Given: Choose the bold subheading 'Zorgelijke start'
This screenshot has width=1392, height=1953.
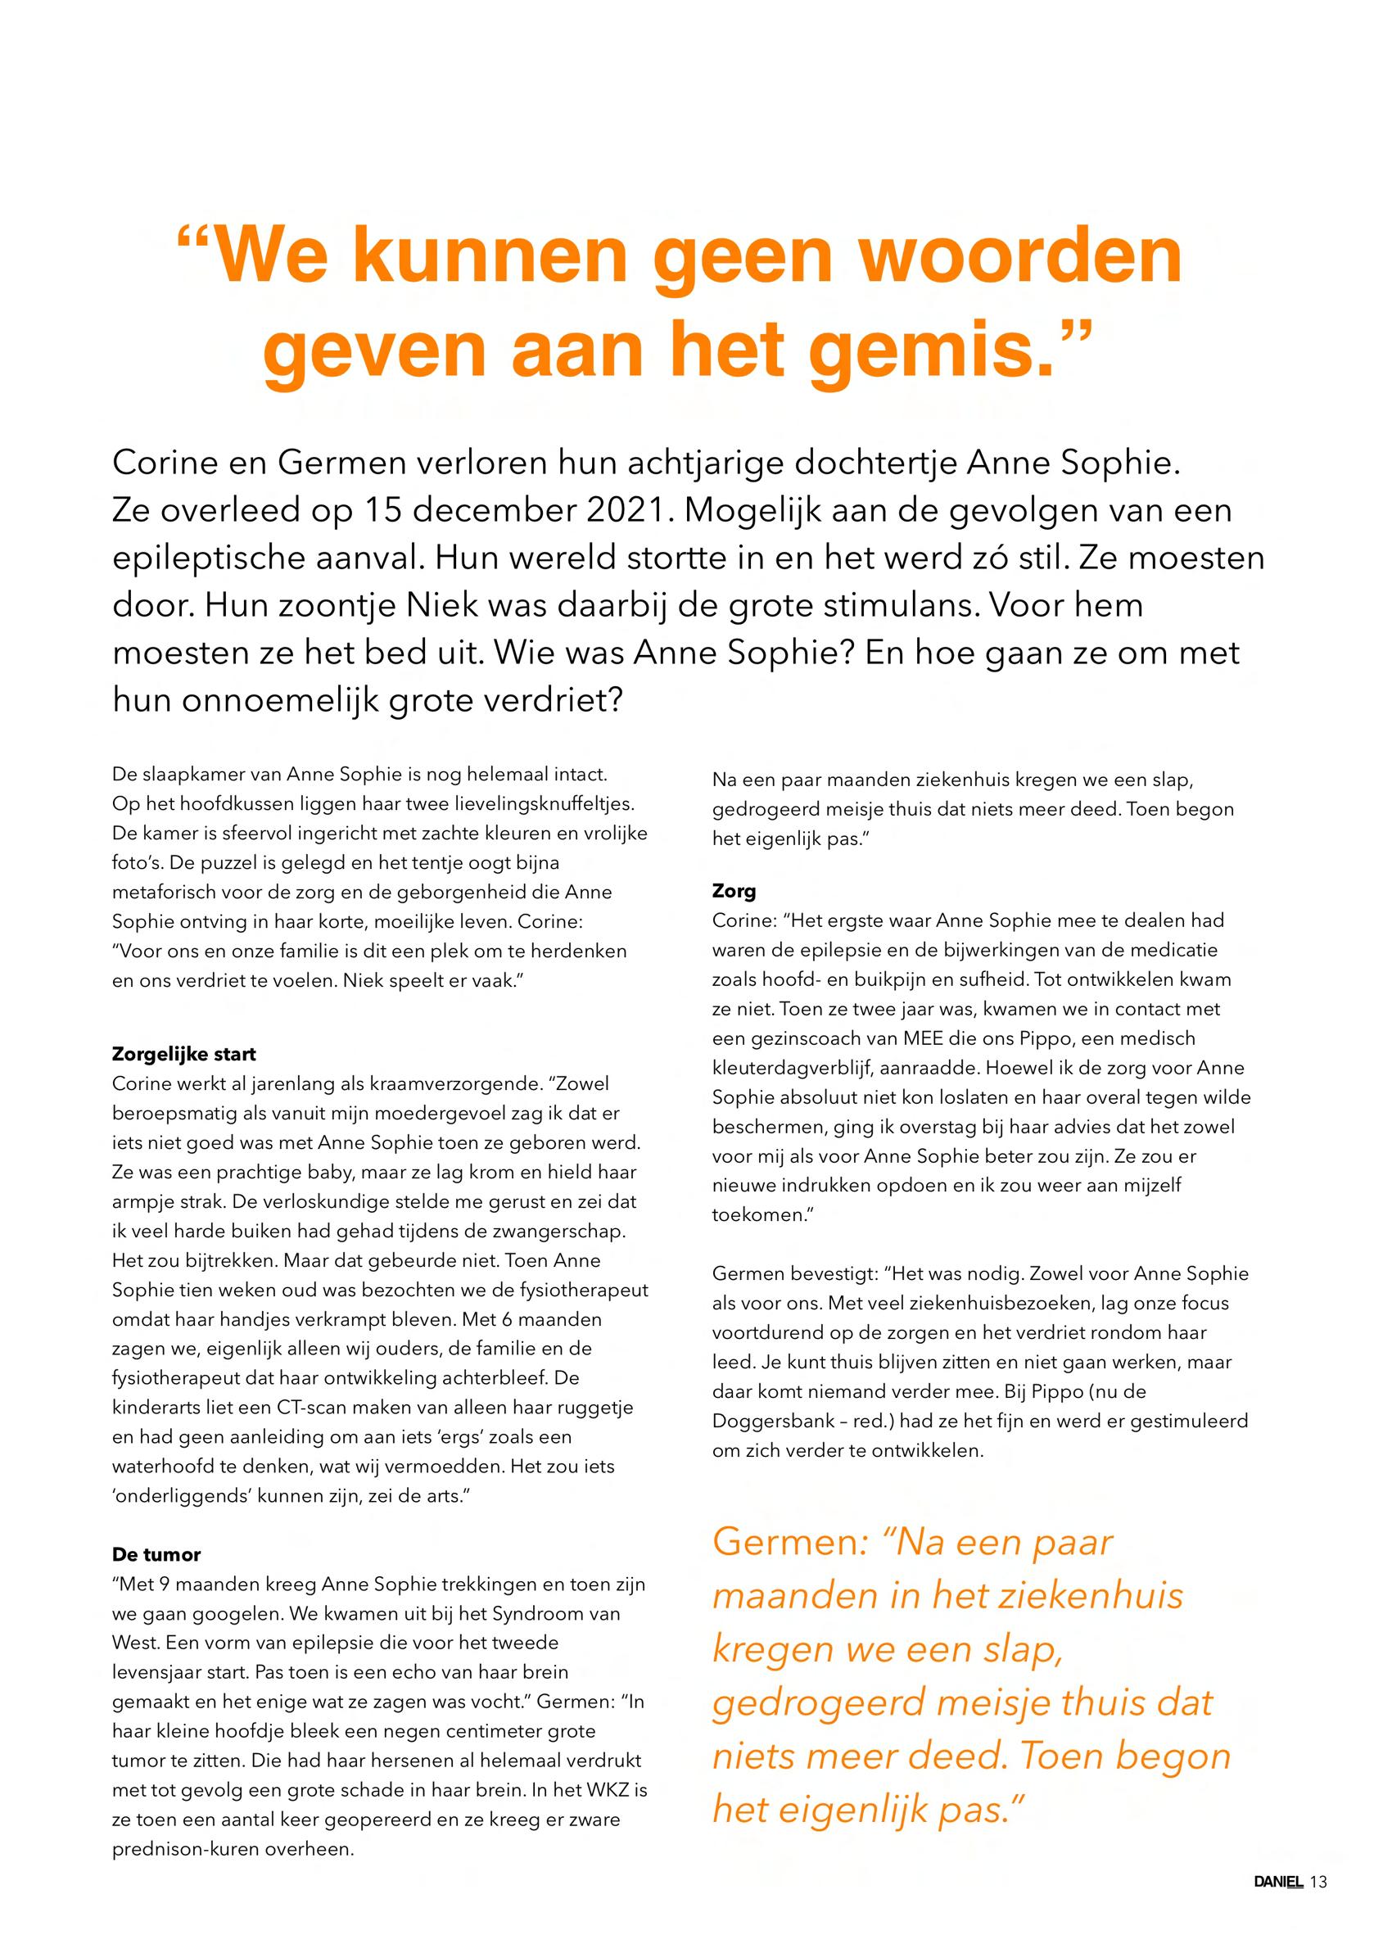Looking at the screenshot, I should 183,1054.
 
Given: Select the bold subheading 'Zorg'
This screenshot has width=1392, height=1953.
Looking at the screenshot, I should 734,891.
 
